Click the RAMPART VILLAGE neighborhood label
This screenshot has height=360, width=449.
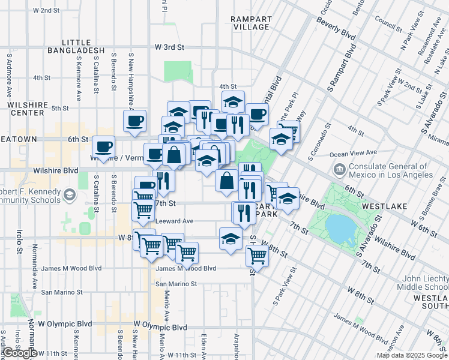point(250,23)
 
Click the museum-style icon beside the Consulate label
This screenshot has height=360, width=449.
point(339,170)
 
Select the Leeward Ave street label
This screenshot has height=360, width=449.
point(174,221)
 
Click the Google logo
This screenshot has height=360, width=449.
point(19,353)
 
